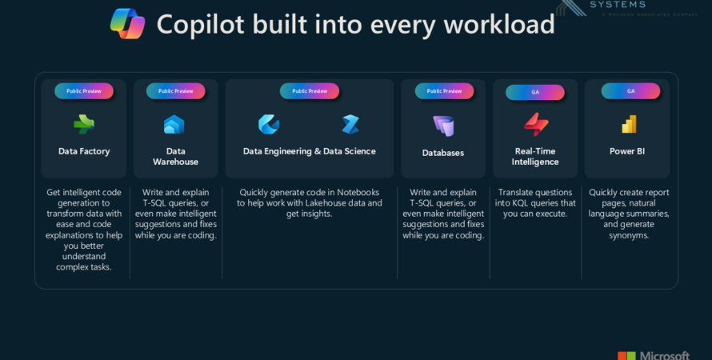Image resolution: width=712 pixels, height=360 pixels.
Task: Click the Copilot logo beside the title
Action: coord(127,23)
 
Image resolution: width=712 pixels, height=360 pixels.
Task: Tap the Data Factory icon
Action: coord(83,124)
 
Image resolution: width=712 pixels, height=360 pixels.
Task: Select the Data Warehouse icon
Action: coord(174,124)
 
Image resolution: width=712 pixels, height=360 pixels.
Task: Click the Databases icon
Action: coord(443,126)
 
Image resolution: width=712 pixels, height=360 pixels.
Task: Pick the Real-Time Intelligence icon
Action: coord(535,124)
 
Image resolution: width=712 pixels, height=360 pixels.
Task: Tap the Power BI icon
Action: coord(628,124)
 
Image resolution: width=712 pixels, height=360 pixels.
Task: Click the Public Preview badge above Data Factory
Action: coord(84,91)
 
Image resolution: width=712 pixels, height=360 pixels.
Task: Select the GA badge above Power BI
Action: coord(630,91)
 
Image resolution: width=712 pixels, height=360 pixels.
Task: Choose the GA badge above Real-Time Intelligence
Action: coord(535,92)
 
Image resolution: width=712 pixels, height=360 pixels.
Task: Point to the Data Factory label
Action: coord(84,151)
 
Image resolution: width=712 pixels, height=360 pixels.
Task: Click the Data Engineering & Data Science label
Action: coord(309,151)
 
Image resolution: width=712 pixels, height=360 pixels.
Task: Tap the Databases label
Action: coord(443,153)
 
